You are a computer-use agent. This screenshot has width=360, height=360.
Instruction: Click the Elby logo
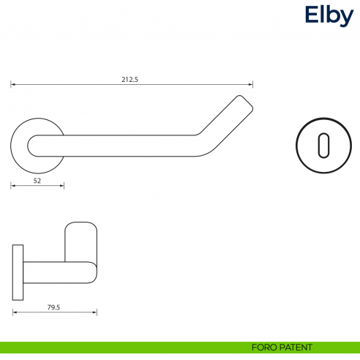(329, 15)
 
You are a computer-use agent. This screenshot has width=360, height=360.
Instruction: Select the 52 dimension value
(36, 179)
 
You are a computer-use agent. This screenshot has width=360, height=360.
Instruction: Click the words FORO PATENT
(281, 347)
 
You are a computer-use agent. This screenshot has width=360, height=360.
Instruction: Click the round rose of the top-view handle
(22, 145)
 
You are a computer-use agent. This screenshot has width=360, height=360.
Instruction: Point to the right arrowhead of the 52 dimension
(63, 186)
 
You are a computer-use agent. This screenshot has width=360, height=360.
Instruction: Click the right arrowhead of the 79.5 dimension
(95, 312)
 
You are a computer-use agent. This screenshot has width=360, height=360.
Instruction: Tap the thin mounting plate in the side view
(18, 272)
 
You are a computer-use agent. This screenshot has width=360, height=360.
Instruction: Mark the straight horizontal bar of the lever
(124, 145)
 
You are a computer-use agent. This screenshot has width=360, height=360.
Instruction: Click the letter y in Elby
(346, 18)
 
